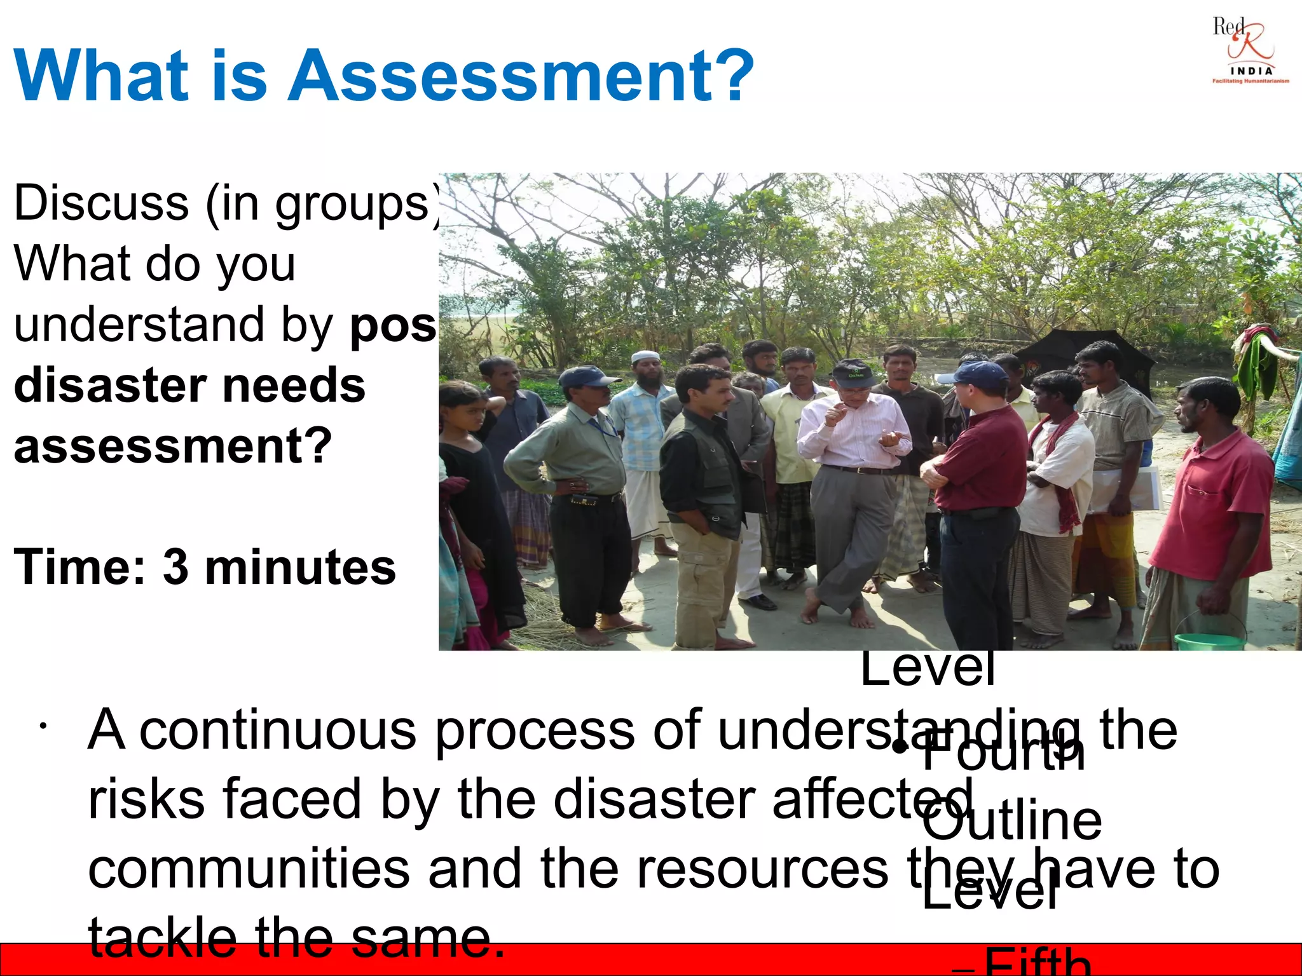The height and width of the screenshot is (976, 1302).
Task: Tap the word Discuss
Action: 101,203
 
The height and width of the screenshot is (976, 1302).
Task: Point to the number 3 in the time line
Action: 175,567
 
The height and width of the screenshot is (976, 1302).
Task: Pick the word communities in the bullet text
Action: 248,869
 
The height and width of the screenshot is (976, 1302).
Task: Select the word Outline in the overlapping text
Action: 1011,821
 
